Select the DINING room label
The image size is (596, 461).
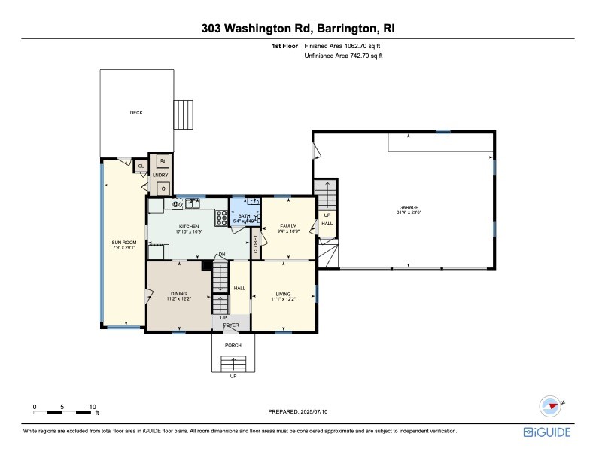(x=178, y=294)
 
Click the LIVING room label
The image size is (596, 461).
(x=283, y=294)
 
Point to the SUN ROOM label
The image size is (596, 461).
(x=122, y=242)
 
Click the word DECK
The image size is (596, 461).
(x=136, y=113)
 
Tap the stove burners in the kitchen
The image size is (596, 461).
(x=223, y=218)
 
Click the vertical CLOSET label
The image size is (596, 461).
(x=256, y=243)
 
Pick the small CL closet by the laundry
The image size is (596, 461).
(x=141, y=166)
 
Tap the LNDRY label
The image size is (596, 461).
(x=160, y=175)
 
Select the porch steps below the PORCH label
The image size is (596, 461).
(x=233, y=365)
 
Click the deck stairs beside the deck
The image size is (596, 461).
(x=187, y=115)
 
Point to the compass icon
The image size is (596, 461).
(x=552, y=405)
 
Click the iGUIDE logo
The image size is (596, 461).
(x=547, y=432)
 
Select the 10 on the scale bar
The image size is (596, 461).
(x=92, y=406)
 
